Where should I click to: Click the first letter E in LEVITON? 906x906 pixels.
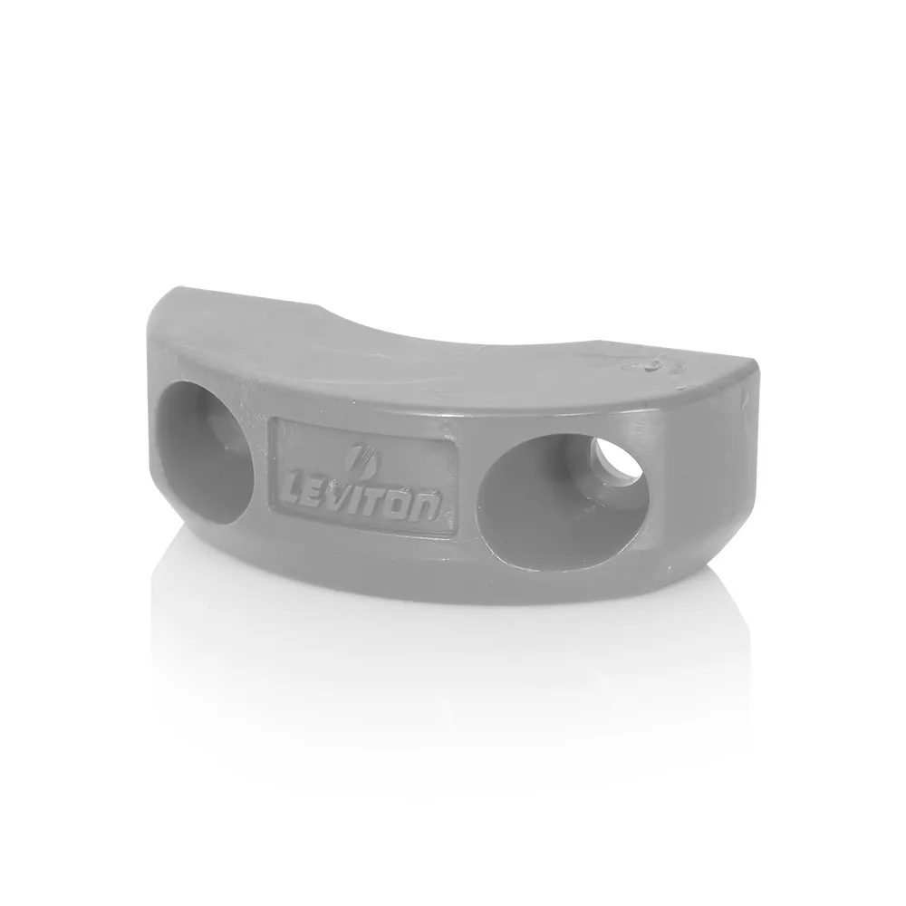pos(321,496)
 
